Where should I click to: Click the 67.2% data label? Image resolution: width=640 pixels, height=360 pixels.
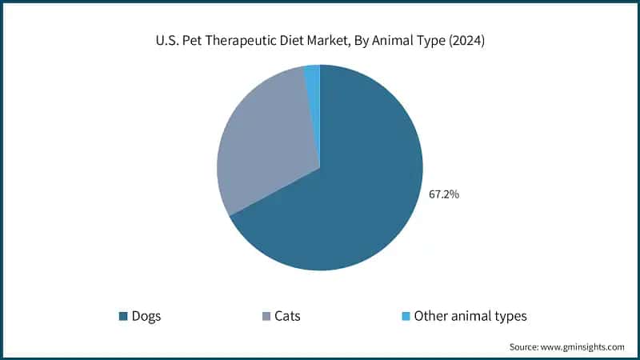point(444,194)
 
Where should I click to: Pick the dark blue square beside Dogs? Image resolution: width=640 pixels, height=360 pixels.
point(123,316)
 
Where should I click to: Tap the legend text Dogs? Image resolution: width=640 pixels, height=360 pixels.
point(147,316)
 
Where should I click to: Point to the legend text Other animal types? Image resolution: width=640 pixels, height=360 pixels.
point(470,316)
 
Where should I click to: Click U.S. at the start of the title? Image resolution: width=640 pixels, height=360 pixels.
point(166,41)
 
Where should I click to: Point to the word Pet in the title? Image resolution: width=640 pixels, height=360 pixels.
point(192,41)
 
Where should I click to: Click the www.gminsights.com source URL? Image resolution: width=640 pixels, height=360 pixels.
point(583,347)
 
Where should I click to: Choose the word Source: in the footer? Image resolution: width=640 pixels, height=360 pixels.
point(526,347)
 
